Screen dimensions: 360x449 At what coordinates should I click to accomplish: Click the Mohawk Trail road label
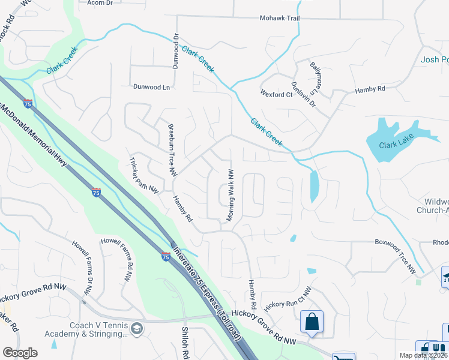tap(279, 19)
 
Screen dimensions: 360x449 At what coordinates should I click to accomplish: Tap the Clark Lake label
tap(397, 145)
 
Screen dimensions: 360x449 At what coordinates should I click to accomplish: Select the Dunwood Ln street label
tap(151, 87)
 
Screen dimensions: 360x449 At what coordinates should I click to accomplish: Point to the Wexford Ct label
tap(276, 94)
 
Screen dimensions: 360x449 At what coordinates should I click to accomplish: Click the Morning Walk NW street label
tap(229, 195)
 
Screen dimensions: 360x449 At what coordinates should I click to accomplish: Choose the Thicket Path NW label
tap(145, 175)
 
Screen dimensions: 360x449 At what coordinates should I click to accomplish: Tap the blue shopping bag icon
tap(312, 322)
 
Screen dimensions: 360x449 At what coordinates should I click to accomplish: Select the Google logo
tap(20, 353)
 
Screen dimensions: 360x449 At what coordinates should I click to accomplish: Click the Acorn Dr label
tap(100, 3)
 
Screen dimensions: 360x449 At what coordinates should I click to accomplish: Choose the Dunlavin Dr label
tap(303, 94)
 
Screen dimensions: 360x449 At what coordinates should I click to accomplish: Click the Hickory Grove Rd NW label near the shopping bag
tap(264, 328)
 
